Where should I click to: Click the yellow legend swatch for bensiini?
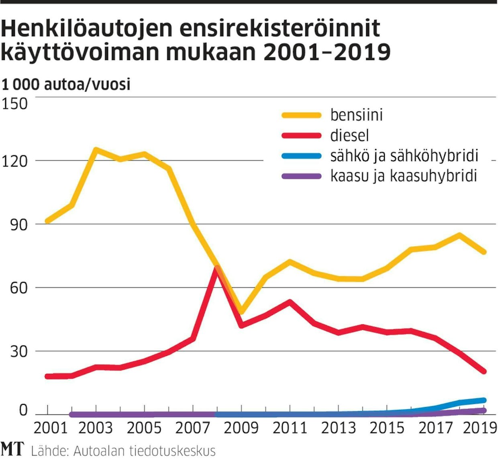(302, 115)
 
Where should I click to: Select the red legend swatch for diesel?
(302, 136)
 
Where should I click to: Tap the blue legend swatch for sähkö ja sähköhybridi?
(302, 156)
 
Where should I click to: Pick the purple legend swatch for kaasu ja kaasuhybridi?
(302, 176)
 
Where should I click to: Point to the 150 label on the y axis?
(15, 104)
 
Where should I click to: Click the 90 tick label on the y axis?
(19, 224)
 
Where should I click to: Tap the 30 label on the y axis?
(19, 351)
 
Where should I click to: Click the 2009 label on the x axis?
(241, 428)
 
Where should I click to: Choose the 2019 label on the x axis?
(480, 428)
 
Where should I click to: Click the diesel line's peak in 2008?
(217, 269)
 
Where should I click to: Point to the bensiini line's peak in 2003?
(96, 150)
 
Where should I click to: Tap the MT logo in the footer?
(12, 449)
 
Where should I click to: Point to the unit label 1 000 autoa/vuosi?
(66, 85)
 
